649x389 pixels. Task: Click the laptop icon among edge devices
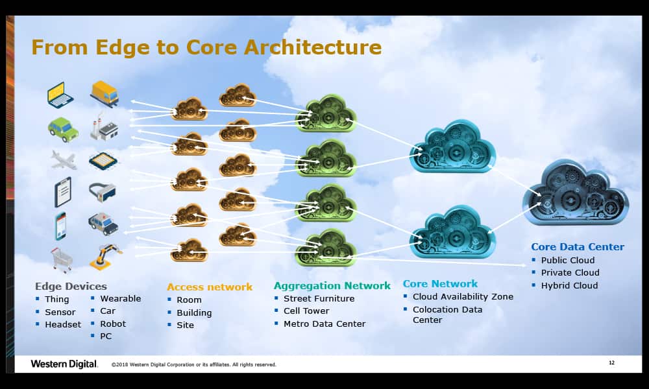(x=60, y=94)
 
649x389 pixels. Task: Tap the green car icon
(x=63, y=128)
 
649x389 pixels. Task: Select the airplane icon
(x=64, y=159)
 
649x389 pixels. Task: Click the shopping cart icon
(x=62, y=259)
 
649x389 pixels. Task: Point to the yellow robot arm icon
(x=105, y=257)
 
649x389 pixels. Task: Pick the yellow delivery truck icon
(x=104, y=93)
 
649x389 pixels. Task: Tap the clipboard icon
(x=63, y=192)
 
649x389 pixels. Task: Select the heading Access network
(x=210, y=287)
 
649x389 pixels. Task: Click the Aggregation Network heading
(x=332, y=285)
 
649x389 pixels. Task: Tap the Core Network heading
(x=440, y=283)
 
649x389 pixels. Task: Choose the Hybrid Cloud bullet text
(x=569, y=285)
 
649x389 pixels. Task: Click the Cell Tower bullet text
(x=306, y=311)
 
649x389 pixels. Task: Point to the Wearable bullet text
(x=120, y=298)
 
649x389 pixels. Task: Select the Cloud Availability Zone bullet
(x=463, y=296)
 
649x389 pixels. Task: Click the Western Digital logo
(x=64, y=364)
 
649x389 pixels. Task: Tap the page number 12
(x=611, y=362)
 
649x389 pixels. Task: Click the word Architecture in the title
(x=316, y=47)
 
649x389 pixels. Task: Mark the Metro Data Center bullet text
(x=324, y=324)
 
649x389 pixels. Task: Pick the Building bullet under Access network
(x=194, y=312)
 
